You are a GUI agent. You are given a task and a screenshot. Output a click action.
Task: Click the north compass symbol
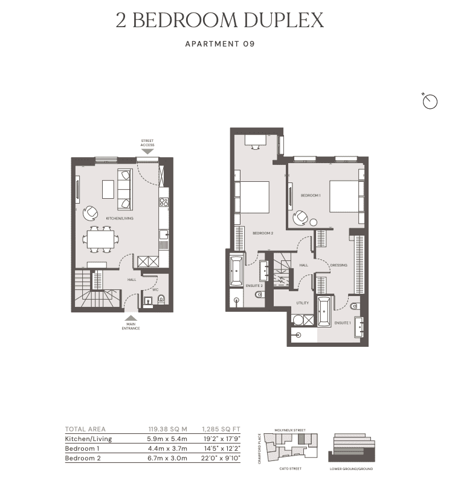pos(429,102)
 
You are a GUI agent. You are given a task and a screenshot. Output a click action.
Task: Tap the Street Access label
pos(147,143)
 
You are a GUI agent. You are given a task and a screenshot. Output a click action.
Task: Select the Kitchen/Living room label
pos(120,218)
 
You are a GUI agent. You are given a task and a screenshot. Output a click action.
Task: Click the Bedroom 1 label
pos(311,195)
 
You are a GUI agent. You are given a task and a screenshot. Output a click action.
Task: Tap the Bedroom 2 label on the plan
pos(263,233)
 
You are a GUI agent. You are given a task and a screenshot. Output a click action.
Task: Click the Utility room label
pos(303,303)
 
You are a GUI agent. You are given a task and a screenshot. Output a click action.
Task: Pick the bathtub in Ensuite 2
pos(236,271)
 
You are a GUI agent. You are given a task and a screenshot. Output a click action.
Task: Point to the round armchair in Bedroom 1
pos(302,216)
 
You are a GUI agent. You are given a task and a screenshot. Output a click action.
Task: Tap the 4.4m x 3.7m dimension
pos(167,448)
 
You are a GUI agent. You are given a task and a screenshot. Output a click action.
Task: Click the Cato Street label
pos(291,469)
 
